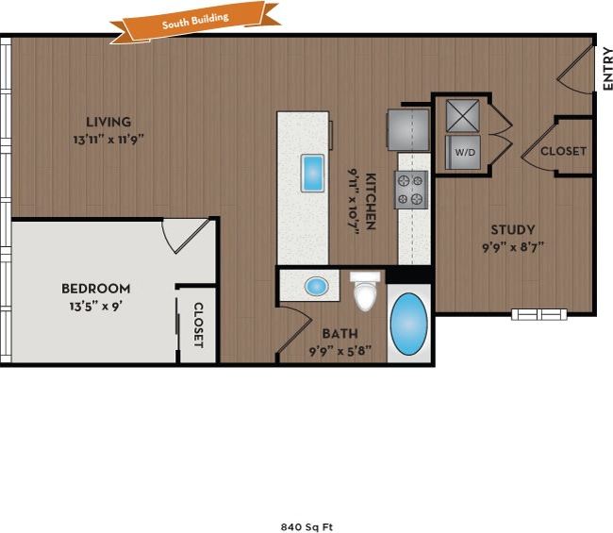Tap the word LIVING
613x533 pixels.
coord(108,122)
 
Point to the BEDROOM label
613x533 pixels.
coord(96,288)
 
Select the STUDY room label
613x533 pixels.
coord(513,229)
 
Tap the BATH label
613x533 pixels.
coord(339,333)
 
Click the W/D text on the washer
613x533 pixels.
coord(465,151)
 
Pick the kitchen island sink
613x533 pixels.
coord(312,173)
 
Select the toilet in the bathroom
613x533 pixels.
coord(364,292)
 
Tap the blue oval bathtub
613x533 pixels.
coord(409,324)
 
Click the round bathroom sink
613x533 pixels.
coord(318,285)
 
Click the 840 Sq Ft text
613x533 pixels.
coord(306,527)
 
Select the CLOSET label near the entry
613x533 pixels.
coord(563,151)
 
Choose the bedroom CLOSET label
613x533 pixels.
coord(199,325)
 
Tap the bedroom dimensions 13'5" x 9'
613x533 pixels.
coord(96,306)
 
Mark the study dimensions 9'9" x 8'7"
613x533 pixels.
coord(513,248)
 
